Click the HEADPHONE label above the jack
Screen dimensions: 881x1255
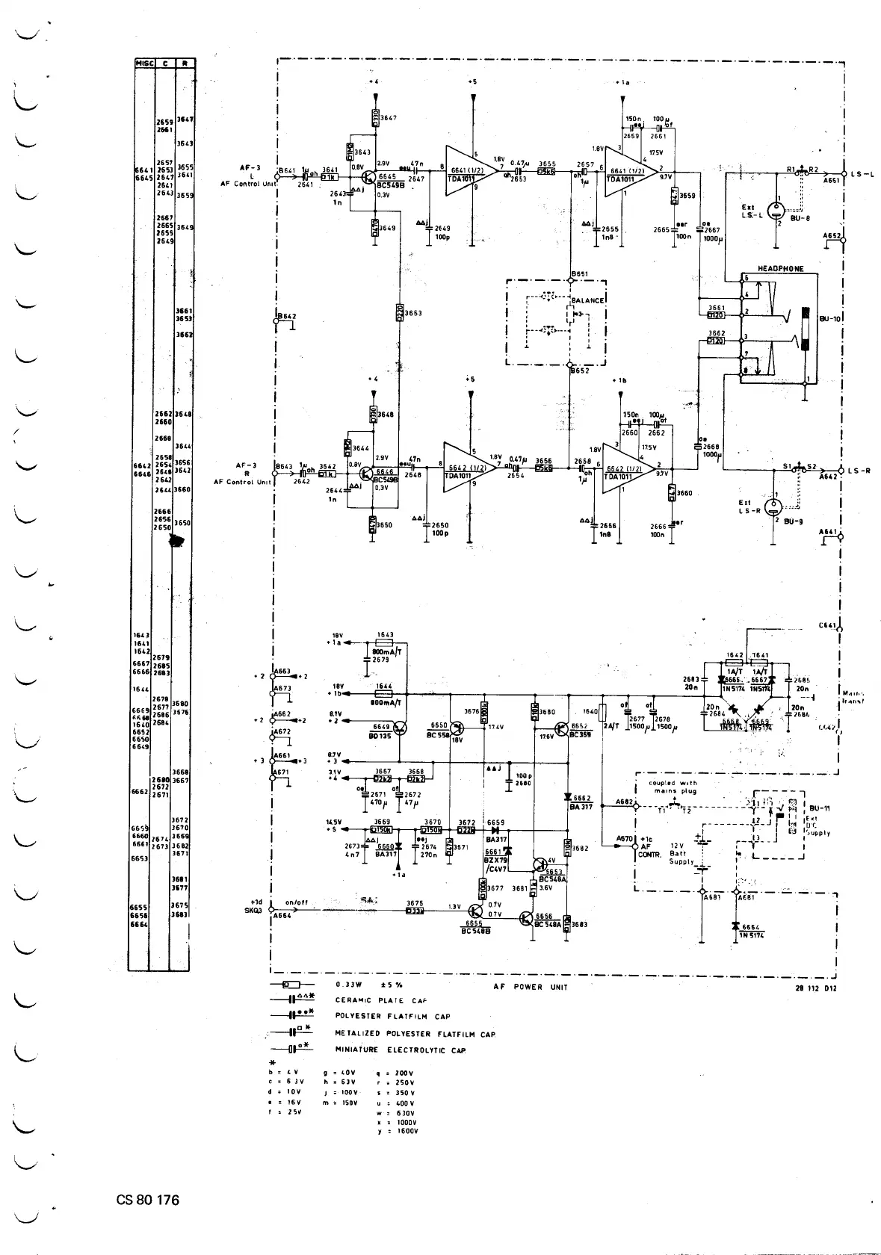(x=780, y=268)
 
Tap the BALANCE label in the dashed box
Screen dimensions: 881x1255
(x=587, y=300)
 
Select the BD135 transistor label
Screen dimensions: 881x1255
(x=381, y=736)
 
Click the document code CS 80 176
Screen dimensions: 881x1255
(x=148, y=1200)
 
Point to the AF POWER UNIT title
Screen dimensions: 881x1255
(x=531, y=987)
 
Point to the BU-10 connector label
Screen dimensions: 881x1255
(x=830, y=318)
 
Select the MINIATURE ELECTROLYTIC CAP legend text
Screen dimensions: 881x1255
(x=401, y=1050)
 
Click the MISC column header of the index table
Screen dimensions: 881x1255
(x=143, y=63)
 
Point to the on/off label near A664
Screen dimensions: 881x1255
(x=297, y=902)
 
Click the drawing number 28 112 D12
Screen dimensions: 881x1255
(x=817, y=988)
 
